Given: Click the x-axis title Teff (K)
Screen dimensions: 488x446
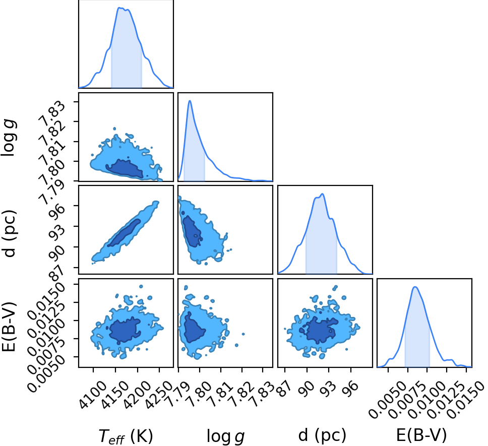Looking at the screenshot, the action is click(x=126, y=436).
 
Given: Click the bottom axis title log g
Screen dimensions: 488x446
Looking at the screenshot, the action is click(x=226, y=436).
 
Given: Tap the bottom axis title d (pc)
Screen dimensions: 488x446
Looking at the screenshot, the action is click(x=322, y=435).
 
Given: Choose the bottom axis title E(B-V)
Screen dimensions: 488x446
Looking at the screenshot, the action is click(x=422, y=435).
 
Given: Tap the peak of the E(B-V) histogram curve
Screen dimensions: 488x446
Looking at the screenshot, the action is click(x=415, y=287).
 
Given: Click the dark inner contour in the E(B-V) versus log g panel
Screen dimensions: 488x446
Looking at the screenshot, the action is click(x=194, y=328).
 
